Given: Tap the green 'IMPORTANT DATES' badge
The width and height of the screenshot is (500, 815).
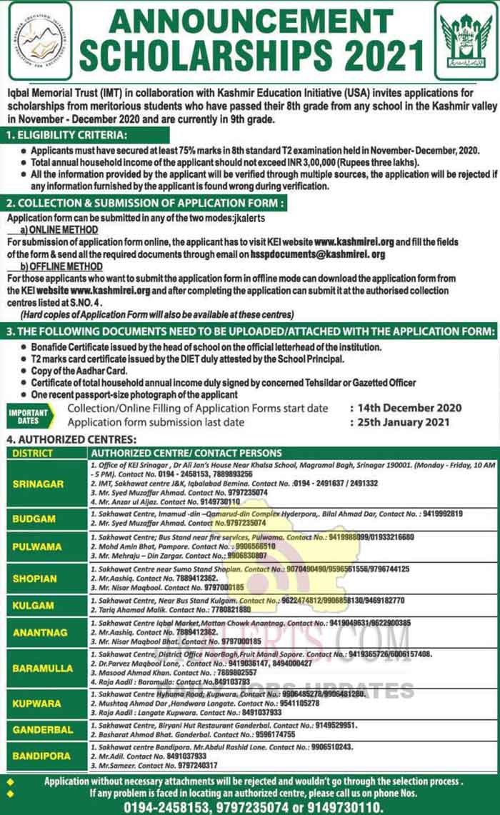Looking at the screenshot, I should click(x=29, y=416).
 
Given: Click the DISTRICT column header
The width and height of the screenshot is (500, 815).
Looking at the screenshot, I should click(x=33, y=453).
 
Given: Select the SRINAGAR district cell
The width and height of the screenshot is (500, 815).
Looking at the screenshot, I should click(x=38, y=484).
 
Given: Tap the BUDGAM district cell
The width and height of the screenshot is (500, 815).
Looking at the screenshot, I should click(x=34, y=519).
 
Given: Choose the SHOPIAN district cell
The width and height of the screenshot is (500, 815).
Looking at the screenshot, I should click(x=34, y=579).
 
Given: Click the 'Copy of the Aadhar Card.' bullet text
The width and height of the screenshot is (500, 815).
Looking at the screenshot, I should click(x=79, y=371).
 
